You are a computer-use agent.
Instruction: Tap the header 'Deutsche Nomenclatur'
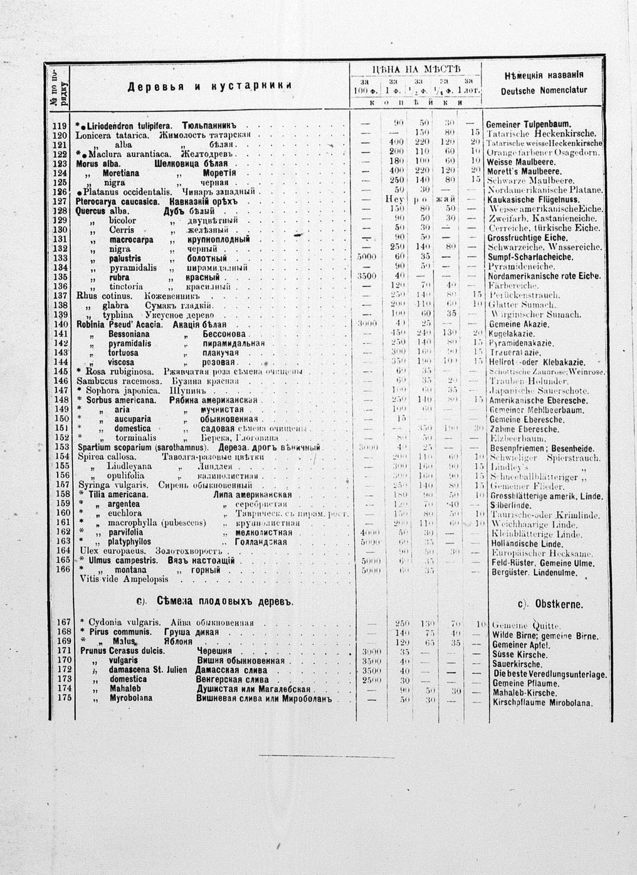(544, 90)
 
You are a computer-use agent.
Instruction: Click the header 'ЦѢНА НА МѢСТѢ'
(416, 68)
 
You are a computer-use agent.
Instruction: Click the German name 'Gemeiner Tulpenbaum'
(528, 125)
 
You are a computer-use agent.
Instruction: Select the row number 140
(60, 324)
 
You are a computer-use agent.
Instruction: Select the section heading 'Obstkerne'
(550, 604)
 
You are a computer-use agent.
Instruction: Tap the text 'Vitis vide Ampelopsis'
(124, 579)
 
